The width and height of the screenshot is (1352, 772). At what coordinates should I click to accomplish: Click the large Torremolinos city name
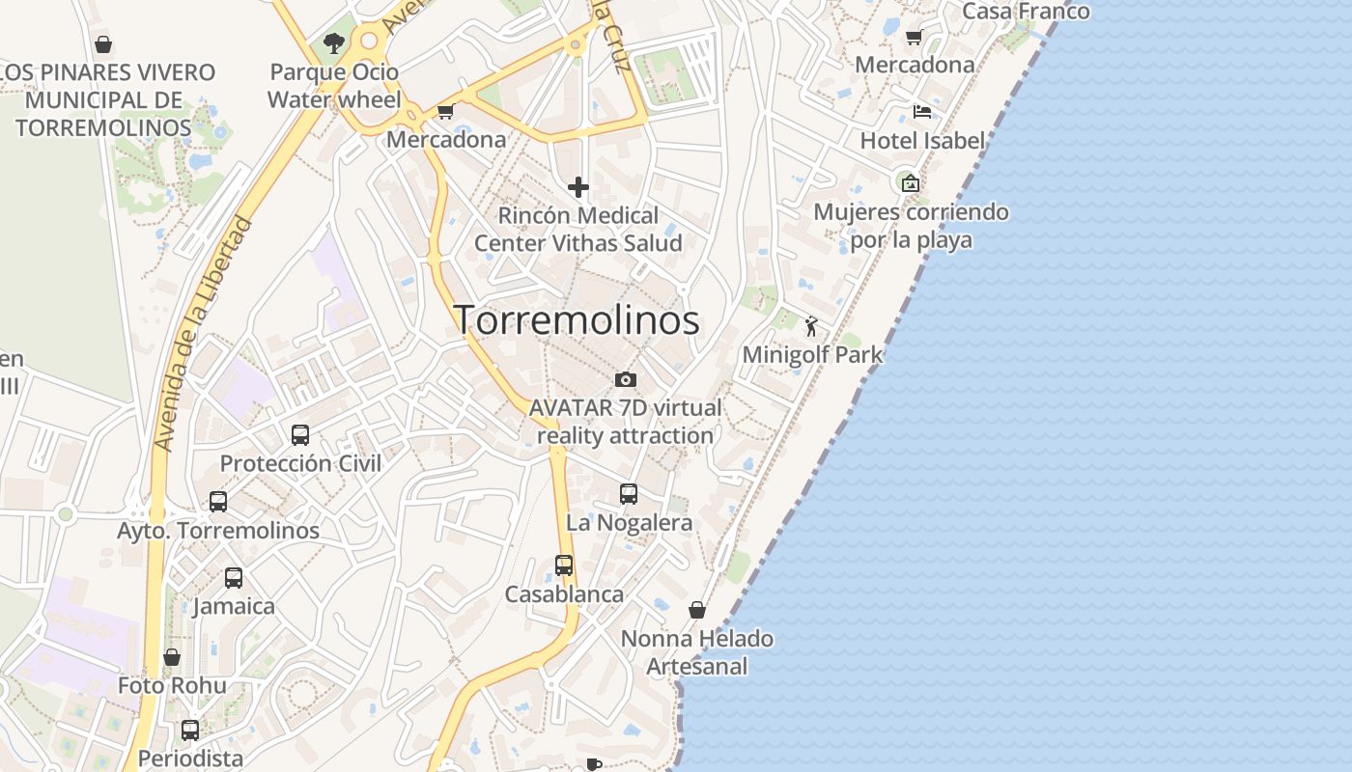click(577, 320)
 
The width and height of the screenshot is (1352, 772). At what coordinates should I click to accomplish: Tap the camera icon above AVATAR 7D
click(626, 379)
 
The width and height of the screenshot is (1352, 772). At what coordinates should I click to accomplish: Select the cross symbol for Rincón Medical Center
click(578, 186)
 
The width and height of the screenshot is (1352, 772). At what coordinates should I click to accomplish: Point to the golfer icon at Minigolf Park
click(810, 326)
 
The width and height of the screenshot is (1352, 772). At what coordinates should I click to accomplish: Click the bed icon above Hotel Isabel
click(922, 112)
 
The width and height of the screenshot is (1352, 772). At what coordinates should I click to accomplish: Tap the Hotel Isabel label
click(922, 141)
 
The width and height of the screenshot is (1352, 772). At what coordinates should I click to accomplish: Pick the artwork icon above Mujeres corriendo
click(910, 182)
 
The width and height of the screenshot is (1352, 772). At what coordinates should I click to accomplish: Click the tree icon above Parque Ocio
click(334, 43)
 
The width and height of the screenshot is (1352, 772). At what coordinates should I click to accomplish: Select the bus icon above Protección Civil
click(300, 434)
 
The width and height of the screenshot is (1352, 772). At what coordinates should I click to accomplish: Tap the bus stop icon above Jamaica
click(234, 577)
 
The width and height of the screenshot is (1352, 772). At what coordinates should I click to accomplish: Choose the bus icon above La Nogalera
click(629, 494)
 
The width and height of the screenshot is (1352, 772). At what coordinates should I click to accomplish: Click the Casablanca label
click(564, 594)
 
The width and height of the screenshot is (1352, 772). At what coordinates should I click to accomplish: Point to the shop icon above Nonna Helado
click(697, 610)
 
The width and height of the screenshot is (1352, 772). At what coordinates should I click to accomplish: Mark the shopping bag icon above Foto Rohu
click(172, 657)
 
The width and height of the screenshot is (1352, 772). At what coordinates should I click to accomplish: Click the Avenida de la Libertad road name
click(203, 334)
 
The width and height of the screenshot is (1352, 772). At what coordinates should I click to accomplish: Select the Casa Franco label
click(1026, 12)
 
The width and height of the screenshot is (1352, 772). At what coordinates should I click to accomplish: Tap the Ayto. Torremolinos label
click(218, 531)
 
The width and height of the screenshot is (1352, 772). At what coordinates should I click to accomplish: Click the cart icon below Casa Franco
click(914, 37)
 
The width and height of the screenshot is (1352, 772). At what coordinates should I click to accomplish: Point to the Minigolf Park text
click(812, 354)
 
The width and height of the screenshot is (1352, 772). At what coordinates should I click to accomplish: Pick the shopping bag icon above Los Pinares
click(103, 44)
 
